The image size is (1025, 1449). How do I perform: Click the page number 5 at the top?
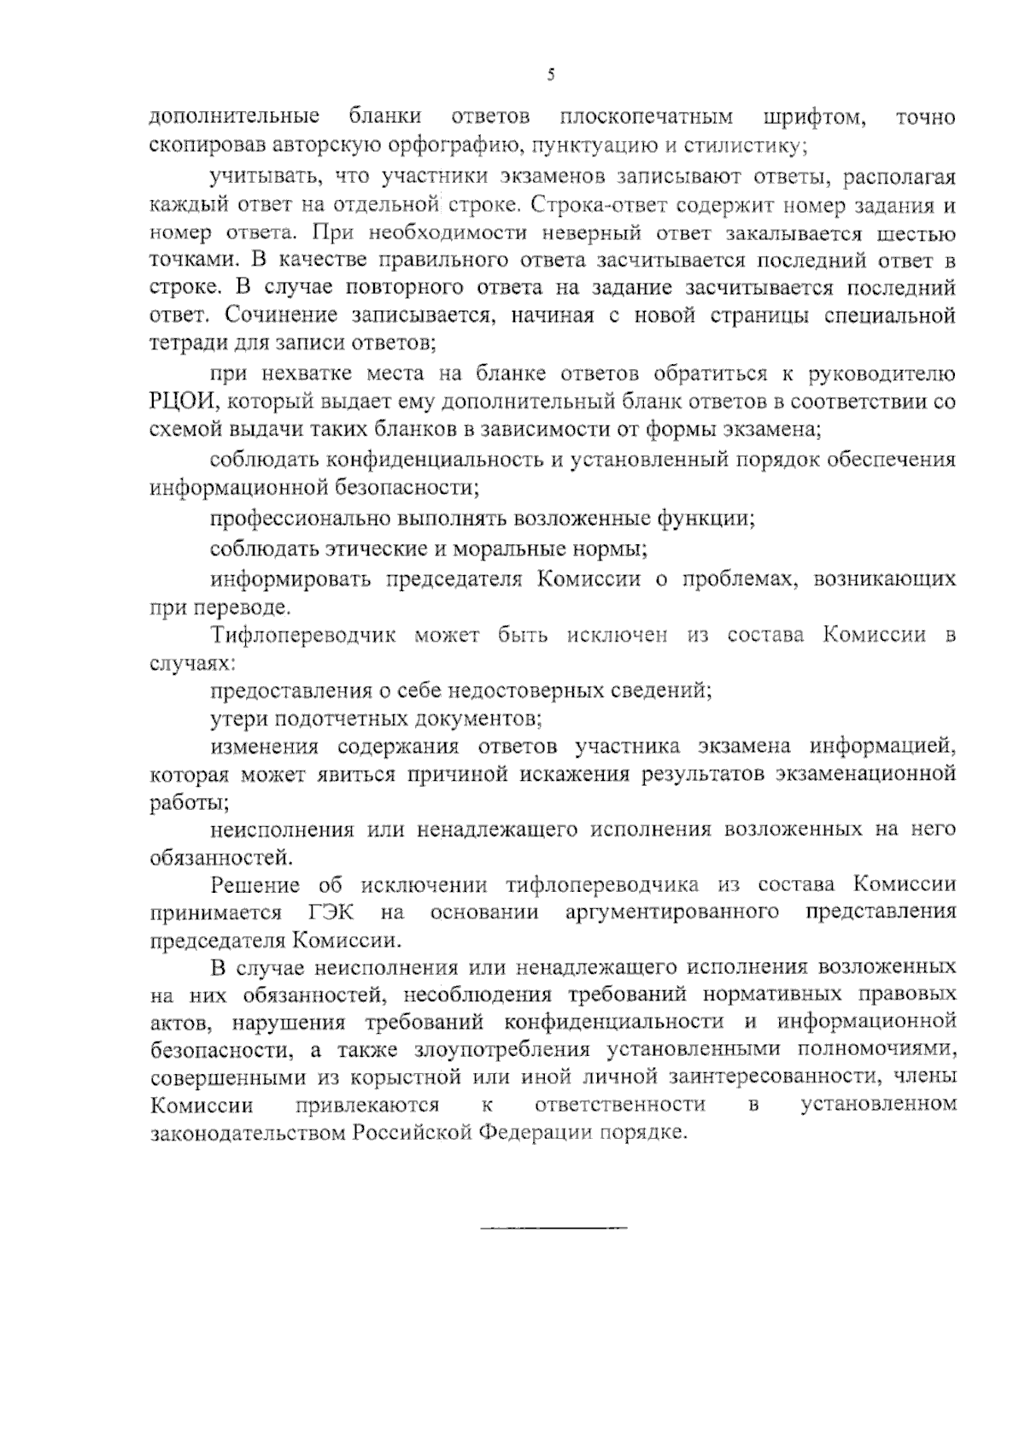551,75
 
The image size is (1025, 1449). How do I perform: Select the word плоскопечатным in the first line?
647,117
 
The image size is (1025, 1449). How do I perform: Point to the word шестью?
916,233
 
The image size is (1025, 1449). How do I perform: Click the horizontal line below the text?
553,1228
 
